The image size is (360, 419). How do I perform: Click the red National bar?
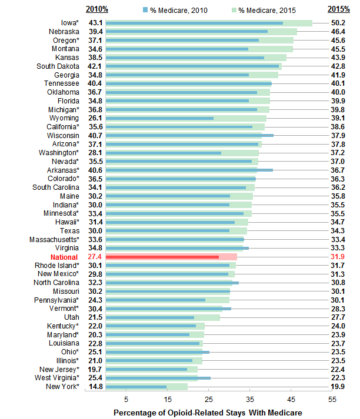(x=162, y=257)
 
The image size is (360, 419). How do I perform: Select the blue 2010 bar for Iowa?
(x=194, y=23)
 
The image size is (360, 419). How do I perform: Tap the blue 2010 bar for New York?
(x=136, y=387)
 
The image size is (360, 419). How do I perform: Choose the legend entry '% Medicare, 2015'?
(x=254, y=10)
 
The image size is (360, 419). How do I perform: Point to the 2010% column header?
(x=96, y=9)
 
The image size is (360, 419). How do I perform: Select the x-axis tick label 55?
(x=332, y=399)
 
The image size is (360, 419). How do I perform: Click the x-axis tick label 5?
(x=126, y=399)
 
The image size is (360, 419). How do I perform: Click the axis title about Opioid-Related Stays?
(x=208, y=413)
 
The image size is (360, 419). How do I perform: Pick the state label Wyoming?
(x=65, y=118)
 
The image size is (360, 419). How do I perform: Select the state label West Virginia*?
(x=55, y=378)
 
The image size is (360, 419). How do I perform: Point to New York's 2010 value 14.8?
(x=95, y=387)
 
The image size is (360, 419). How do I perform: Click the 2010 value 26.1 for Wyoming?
(x=95, y=118)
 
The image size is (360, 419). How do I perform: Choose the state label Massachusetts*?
(x=54, y=239)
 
